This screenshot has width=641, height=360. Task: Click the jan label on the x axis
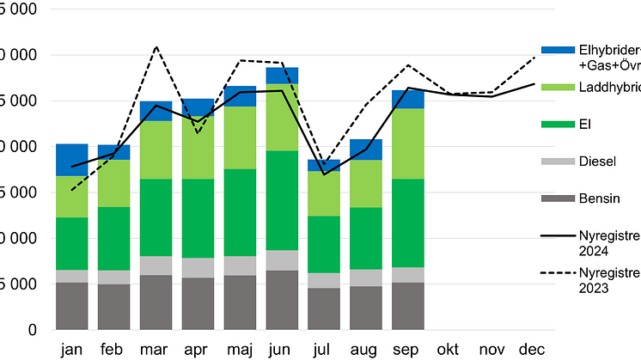tap(72, 350)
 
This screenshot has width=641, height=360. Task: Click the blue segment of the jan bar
tap(72, 160)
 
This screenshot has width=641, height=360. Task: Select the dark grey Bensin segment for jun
tap(282, 300)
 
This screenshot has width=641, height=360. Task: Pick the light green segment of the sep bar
tap(407, 143)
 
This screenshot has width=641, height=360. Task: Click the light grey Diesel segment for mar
tap(156, 265)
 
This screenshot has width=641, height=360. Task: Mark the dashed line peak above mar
tap(156, 47)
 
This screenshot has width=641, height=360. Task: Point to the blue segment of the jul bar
tap(324, 165)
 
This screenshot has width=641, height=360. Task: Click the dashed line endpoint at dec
tap(534, 57)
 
